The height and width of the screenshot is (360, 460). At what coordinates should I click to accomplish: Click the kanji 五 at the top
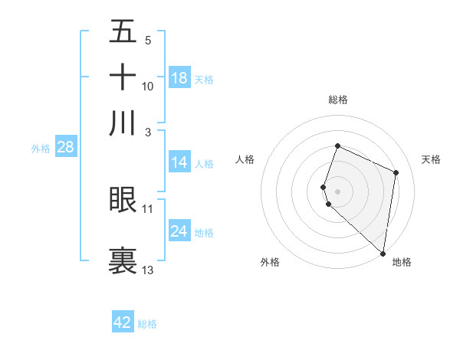(x=123, y=31)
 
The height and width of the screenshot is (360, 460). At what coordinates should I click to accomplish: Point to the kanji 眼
(x=123, y=199)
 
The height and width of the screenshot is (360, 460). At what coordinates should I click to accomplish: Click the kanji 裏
(x=123, y=259)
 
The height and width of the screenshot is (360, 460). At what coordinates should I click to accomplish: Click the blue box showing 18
(x=179, y=78)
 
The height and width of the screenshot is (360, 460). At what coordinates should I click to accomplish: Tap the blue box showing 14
(x=179, y=162)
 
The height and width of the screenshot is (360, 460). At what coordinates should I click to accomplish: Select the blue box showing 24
(x=179, y=231)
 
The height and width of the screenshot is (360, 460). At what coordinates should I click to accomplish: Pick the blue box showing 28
(x=65, y=148)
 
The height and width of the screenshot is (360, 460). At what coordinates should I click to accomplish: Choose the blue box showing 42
(x=123, y=322)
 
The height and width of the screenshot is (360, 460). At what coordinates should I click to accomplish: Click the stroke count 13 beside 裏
(x=148, y=270)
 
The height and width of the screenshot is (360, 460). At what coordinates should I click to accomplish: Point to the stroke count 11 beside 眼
(x=148, y=208)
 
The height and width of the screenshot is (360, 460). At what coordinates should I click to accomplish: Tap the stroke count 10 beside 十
(x=148, y=86)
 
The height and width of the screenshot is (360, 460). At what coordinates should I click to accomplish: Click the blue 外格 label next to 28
(x=41, y=149)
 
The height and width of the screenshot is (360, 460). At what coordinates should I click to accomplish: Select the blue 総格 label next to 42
(x=147, y=324)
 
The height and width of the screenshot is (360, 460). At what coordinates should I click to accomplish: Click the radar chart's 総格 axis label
(x=338, y=100)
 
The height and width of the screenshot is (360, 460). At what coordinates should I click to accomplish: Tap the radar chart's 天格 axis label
(x=432, y=159)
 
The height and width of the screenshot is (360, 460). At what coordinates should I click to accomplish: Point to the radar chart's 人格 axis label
(x=245, y=159)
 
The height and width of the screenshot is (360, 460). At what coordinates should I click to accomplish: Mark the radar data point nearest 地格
(x=383, y=254)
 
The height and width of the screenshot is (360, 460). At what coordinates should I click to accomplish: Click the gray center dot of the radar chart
(x=338, y=191)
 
